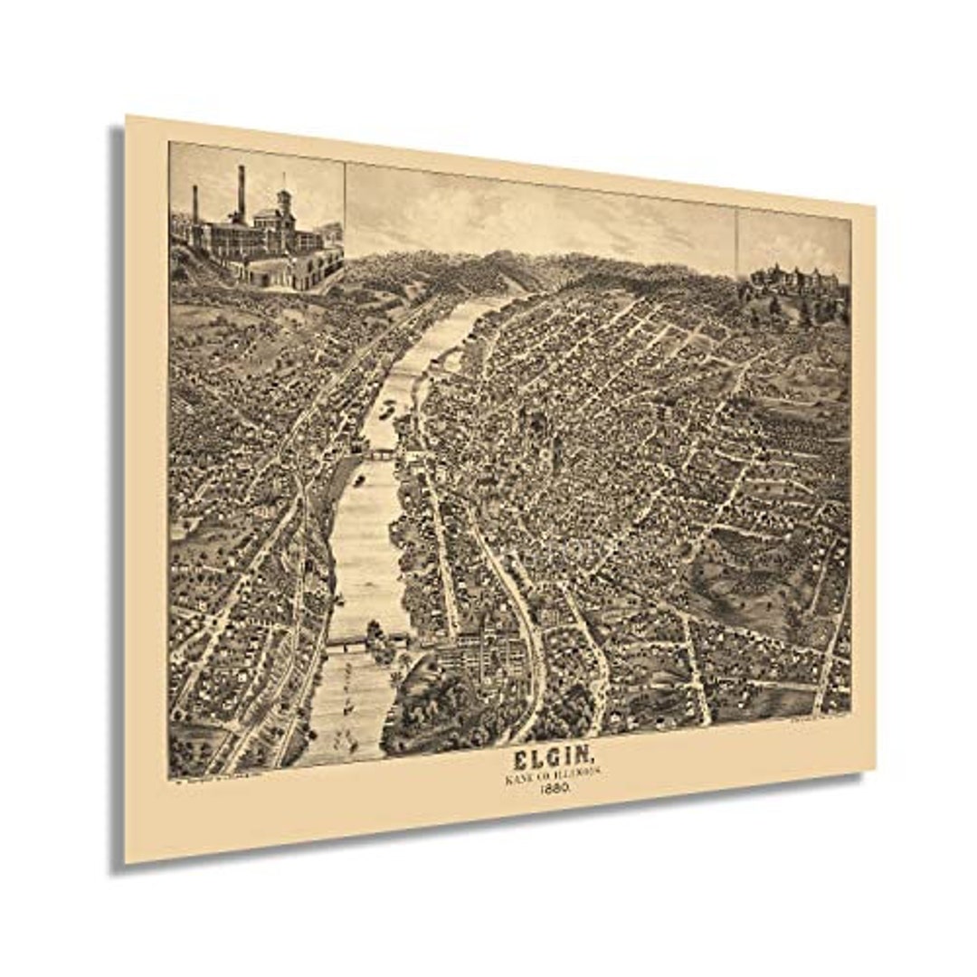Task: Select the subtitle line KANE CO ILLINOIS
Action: pyautogui.click(x=550, y=775)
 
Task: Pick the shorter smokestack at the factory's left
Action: pyautogui.click(x=194, y=205)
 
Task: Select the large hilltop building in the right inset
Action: pyautogui.click(x=796, y=283)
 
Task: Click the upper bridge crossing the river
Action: pyautogui.click(x=381, y=454)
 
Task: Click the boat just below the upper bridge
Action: pyautogui.click(x=360, y=480)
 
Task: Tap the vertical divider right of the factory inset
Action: pyautogui.click(x=345, y=208)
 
